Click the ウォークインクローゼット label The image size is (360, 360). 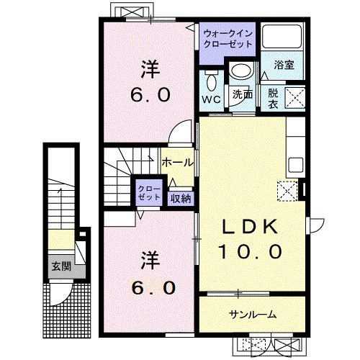pos(227,38)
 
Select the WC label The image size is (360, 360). pos(211,98)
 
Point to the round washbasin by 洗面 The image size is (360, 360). pos(240,71)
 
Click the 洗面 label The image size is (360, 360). pos(241,94)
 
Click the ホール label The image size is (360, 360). pos(177,163)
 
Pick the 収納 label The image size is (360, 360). pos(180,197)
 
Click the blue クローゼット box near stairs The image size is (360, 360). pos(150,192)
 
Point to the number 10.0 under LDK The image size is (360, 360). pos(249,252)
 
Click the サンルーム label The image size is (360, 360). pos(252,315)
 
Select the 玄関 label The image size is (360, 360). pos(60,265)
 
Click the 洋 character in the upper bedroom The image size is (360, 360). pos(149,71)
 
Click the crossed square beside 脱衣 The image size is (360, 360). pos(294,96)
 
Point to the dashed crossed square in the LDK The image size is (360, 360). pos(287,190)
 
